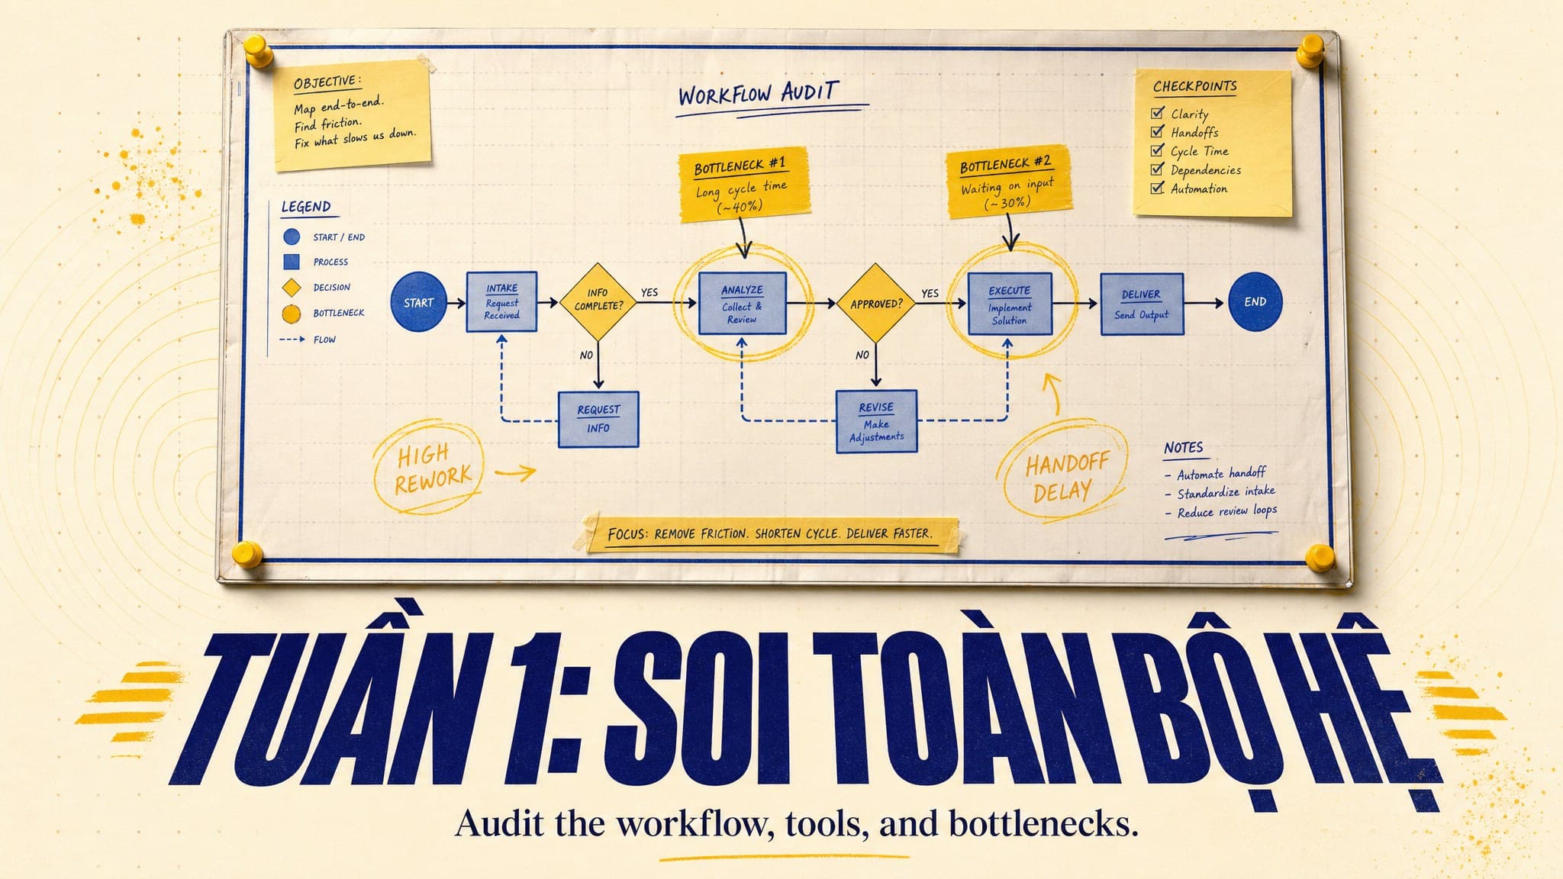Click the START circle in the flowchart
pyautogui.click(x=418, y=302)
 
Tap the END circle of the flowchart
pyautogui.click(x=1255, y=302)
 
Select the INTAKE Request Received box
pyautogui.click(x=501, y=302)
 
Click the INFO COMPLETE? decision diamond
pyautogui.click(x=598, y=302)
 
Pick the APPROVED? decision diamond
pyautogui.click(x=876, y=303)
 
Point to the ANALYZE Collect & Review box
pyautogui.click(x=742, y=303)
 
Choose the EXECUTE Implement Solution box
pyautogui.click(x=1010, y=304)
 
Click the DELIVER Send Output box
pyautogui.click(x=1142, y=304)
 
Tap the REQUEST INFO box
pyautogui.click(x=598, y=419)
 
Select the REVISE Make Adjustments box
pyautogui.click(x=876, y=421)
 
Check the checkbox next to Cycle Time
pyautogui.click(x=1158, y=150)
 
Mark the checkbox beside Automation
pyautogui.click(x=1158, y=188)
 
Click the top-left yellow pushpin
pyautogui.click(x=258, y=53)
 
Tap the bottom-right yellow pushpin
pyautogui.click(x=1320, y=557)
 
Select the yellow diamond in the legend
pyautogui.click(x=292, y=288)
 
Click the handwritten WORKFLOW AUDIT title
pyautogui.click(x=759, y=95)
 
